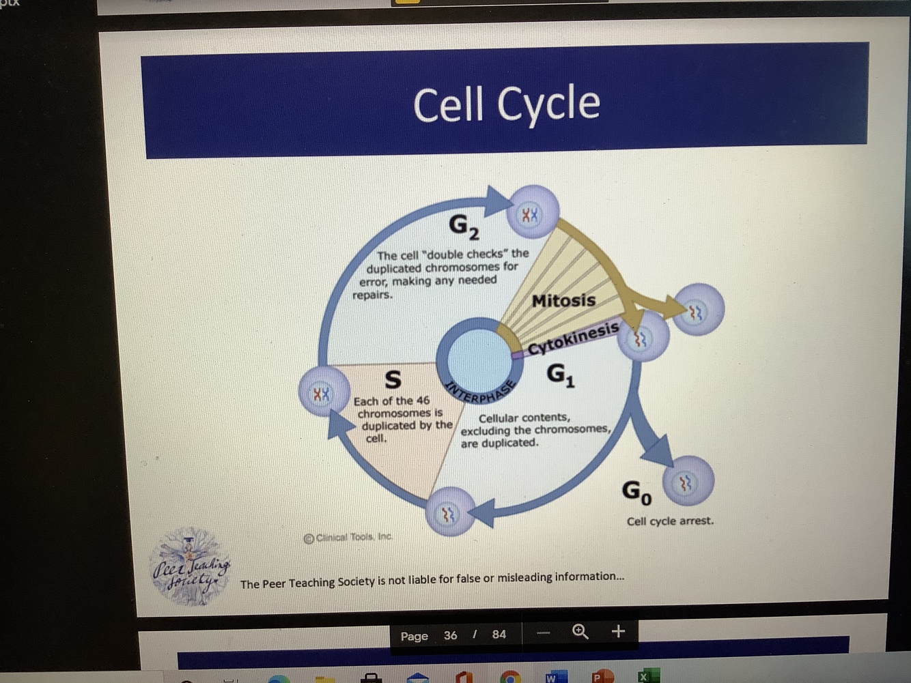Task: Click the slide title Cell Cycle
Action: [x=506, y=104]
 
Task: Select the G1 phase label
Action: [x=560, y=375]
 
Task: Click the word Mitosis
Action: [x=563, y=300]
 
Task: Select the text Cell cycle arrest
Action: [x=670, y=521]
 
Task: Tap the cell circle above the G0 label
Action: [x=687, y=482]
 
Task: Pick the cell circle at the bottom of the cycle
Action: [x=449, y=512]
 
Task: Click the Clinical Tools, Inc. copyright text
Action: [x=348, y=538]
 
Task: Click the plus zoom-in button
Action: [x=618, y=631]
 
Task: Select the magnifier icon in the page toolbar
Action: [x=580, y=632]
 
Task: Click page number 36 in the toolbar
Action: [x=450, y=635]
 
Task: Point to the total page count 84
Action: [x=499, y=635]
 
